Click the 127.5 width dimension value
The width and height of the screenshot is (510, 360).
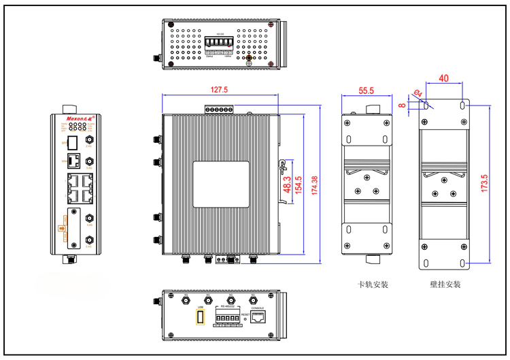(219, 89)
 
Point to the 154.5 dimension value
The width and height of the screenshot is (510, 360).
(299, 184)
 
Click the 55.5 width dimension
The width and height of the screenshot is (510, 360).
(367, 90)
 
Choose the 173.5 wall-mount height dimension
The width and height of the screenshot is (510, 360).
(483, 184)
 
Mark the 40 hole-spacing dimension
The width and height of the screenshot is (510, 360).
(443, 78)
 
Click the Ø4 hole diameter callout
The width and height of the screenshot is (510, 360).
(418, 93)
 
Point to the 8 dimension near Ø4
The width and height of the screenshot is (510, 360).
(403, 105)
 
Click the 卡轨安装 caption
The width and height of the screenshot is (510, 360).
(372, 284)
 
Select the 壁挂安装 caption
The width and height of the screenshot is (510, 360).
(445, 284)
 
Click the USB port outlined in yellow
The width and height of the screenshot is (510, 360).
(200, 317)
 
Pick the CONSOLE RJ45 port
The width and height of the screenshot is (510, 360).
(258, 316)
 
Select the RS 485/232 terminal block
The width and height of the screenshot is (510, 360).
(226, 317)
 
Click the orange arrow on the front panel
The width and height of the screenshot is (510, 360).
(63, 227)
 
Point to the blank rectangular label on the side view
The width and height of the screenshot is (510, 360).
(220, 184)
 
